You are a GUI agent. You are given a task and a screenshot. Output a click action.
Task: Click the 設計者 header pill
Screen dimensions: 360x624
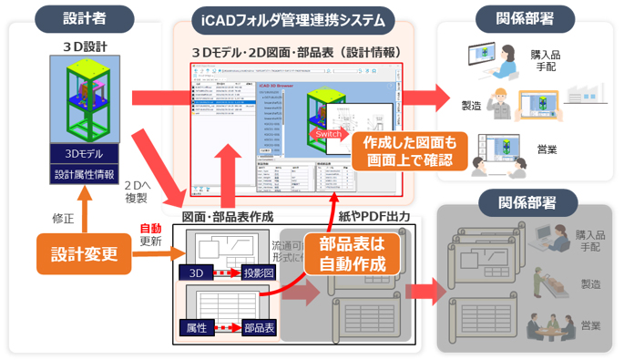(83, 17)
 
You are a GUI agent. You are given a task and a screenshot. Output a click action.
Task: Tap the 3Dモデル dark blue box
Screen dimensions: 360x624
(84, 152)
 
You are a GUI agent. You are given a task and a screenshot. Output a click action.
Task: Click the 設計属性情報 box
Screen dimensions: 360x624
(84, 173)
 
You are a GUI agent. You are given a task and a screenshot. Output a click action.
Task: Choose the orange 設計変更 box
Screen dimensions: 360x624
(83, 254)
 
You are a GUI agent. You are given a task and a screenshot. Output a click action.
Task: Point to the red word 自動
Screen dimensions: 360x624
(150, 229)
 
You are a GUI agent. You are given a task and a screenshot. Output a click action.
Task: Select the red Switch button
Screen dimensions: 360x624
(329, 133)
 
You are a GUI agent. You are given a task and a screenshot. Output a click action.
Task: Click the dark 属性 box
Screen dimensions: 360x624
(196, 327)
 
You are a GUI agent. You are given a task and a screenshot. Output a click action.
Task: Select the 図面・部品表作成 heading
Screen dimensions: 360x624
(227, 218)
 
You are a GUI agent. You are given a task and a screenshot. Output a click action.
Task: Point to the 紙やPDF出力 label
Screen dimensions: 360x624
(373, 218)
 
